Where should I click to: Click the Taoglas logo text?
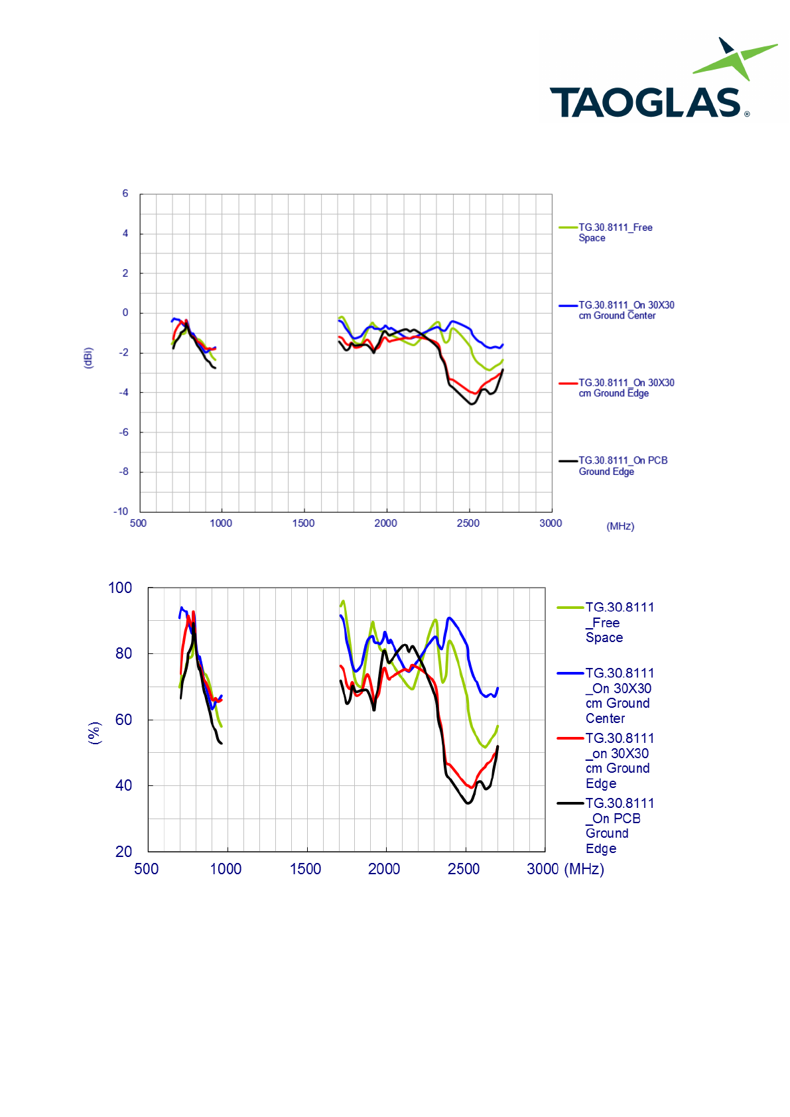click(x=645, y=103)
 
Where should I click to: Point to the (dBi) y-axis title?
click(x=88, y=358)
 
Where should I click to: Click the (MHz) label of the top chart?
click(x=620, y=527)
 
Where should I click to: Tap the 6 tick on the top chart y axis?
click(x=125, y=194)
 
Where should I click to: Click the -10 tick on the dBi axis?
click(x=121, y=511)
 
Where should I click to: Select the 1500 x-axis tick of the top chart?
click(x=303, y=523)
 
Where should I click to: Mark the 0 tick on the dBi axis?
click(x=125, y=313)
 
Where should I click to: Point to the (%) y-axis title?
click(x=94, y=733)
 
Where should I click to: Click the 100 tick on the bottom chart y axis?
click(x=120, y=588)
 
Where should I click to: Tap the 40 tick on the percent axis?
click(x=123, y=785)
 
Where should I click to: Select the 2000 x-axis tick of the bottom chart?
click(x=384, y=869)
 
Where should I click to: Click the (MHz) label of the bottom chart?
click(x=584, y=869)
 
